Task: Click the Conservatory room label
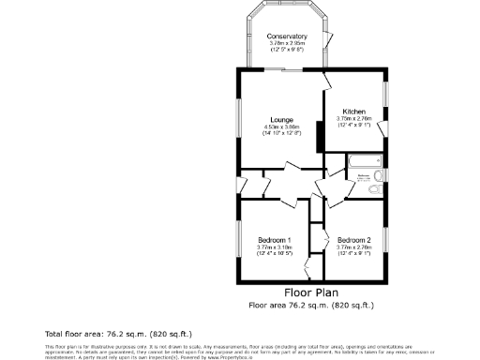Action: click(288, 37)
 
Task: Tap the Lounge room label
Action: click(282, 119)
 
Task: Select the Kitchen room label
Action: click(354, 112)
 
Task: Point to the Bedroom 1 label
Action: click(275, 240)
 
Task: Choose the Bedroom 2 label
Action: click(354, 240)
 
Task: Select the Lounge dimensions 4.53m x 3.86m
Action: click(282, 127)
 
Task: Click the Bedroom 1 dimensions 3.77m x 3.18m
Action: click(275, 247)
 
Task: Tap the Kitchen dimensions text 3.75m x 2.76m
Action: click(354, 119)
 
